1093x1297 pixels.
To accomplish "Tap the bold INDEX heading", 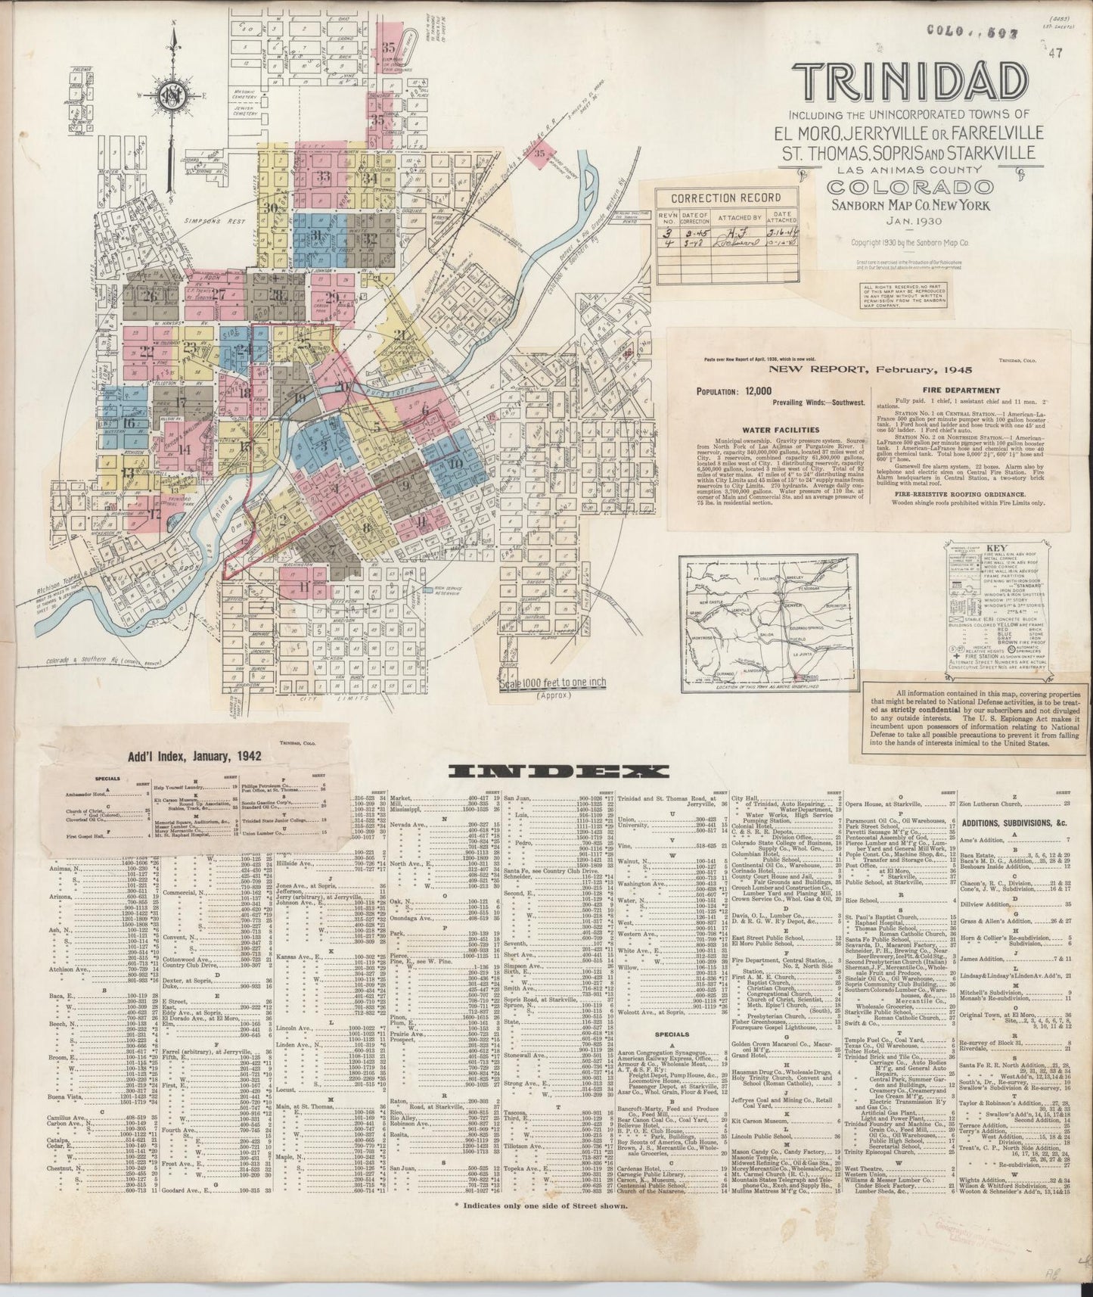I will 558,771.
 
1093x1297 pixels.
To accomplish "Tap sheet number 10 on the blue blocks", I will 455,463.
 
